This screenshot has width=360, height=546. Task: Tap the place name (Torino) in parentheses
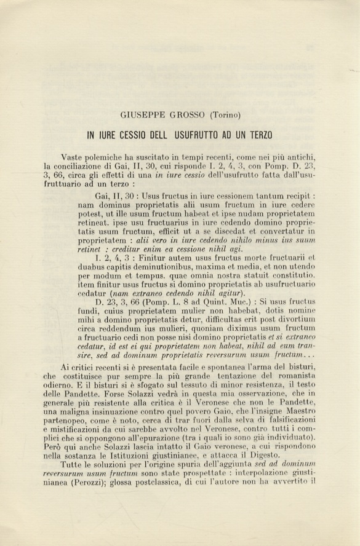(x=225, y=115)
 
